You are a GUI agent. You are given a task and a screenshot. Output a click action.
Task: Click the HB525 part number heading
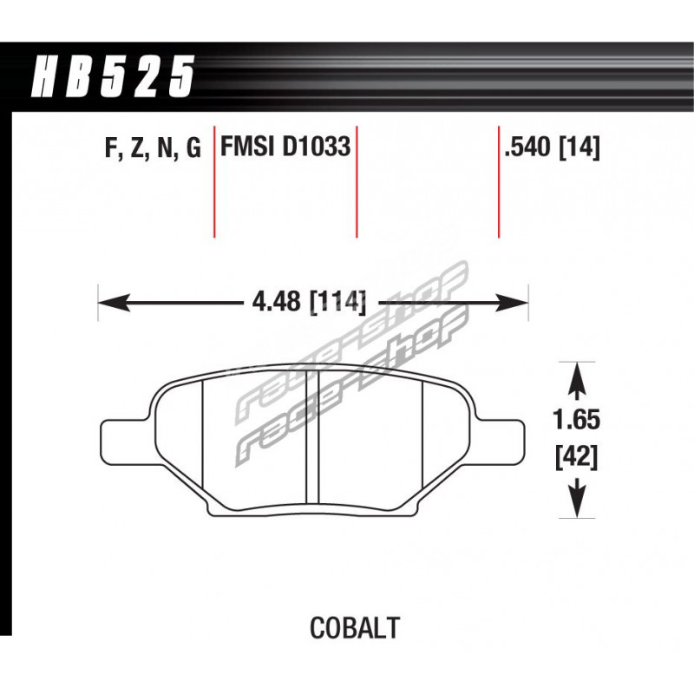113,76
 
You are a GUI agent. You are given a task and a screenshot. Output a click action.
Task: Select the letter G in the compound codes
193,147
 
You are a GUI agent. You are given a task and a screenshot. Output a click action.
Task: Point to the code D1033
316,146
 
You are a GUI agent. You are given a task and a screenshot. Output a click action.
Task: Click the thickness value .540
528,147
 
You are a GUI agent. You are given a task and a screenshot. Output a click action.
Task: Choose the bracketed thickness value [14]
579,147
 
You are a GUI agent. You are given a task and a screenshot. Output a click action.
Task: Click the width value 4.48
276,302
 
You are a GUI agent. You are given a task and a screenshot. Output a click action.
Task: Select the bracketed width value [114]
338,302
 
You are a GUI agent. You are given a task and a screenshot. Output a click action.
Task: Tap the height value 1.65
576,419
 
